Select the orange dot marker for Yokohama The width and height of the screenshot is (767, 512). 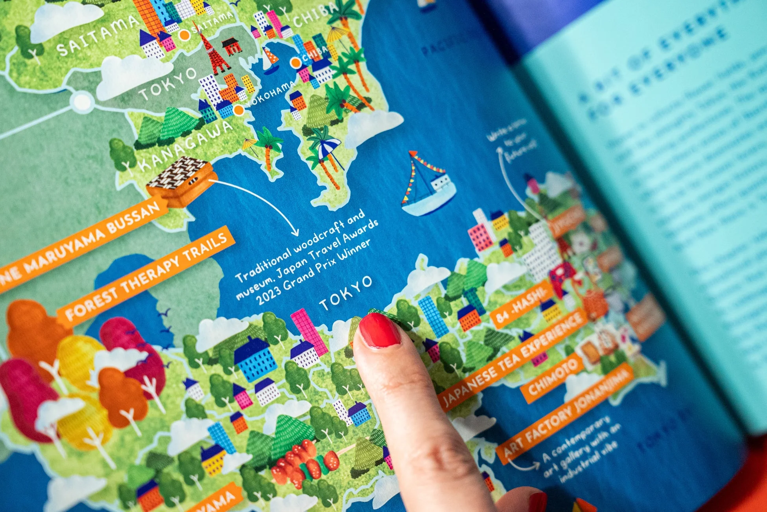pos(239,110)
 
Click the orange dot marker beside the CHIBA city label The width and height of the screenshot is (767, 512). pos(296,62)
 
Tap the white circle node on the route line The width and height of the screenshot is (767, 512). pos(82,101)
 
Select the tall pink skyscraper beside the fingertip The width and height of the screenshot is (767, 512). pos(309,330)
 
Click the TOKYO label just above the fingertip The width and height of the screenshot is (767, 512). pos(345,293)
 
